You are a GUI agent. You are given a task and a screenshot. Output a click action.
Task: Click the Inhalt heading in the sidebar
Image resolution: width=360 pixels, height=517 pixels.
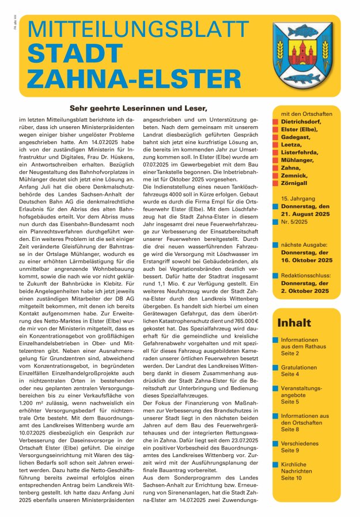pos(294,323)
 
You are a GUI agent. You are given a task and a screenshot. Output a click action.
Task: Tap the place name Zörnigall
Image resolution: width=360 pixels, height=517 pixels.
pos(298,182)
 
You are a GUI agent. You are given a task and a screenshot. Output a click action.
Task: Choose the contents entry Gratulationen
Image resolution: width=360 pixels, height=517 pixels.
pos(299,367)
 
